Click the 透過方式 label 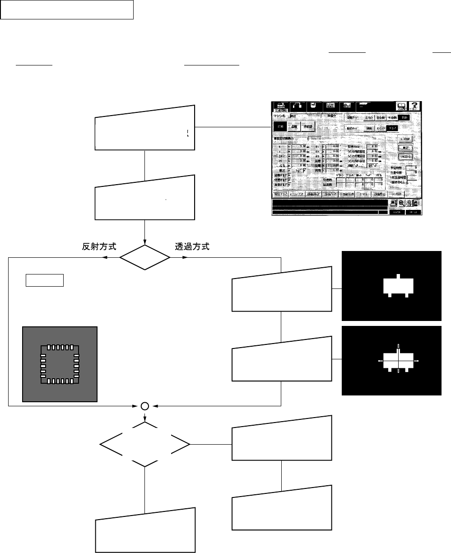[x=192, y=247]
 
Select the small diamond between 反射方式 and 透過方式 [x=144, y=258]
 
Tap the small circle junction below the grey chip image [x=145, y=406]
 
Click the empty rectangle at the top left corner [x=67, y=10]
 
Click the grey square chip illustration [x=60, y=363]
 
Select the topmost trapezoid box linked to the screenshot [x=144, y=129]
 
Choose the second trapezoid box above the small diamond [x=144, y=197]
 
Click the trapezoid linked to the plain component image [x=282, y=290]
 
